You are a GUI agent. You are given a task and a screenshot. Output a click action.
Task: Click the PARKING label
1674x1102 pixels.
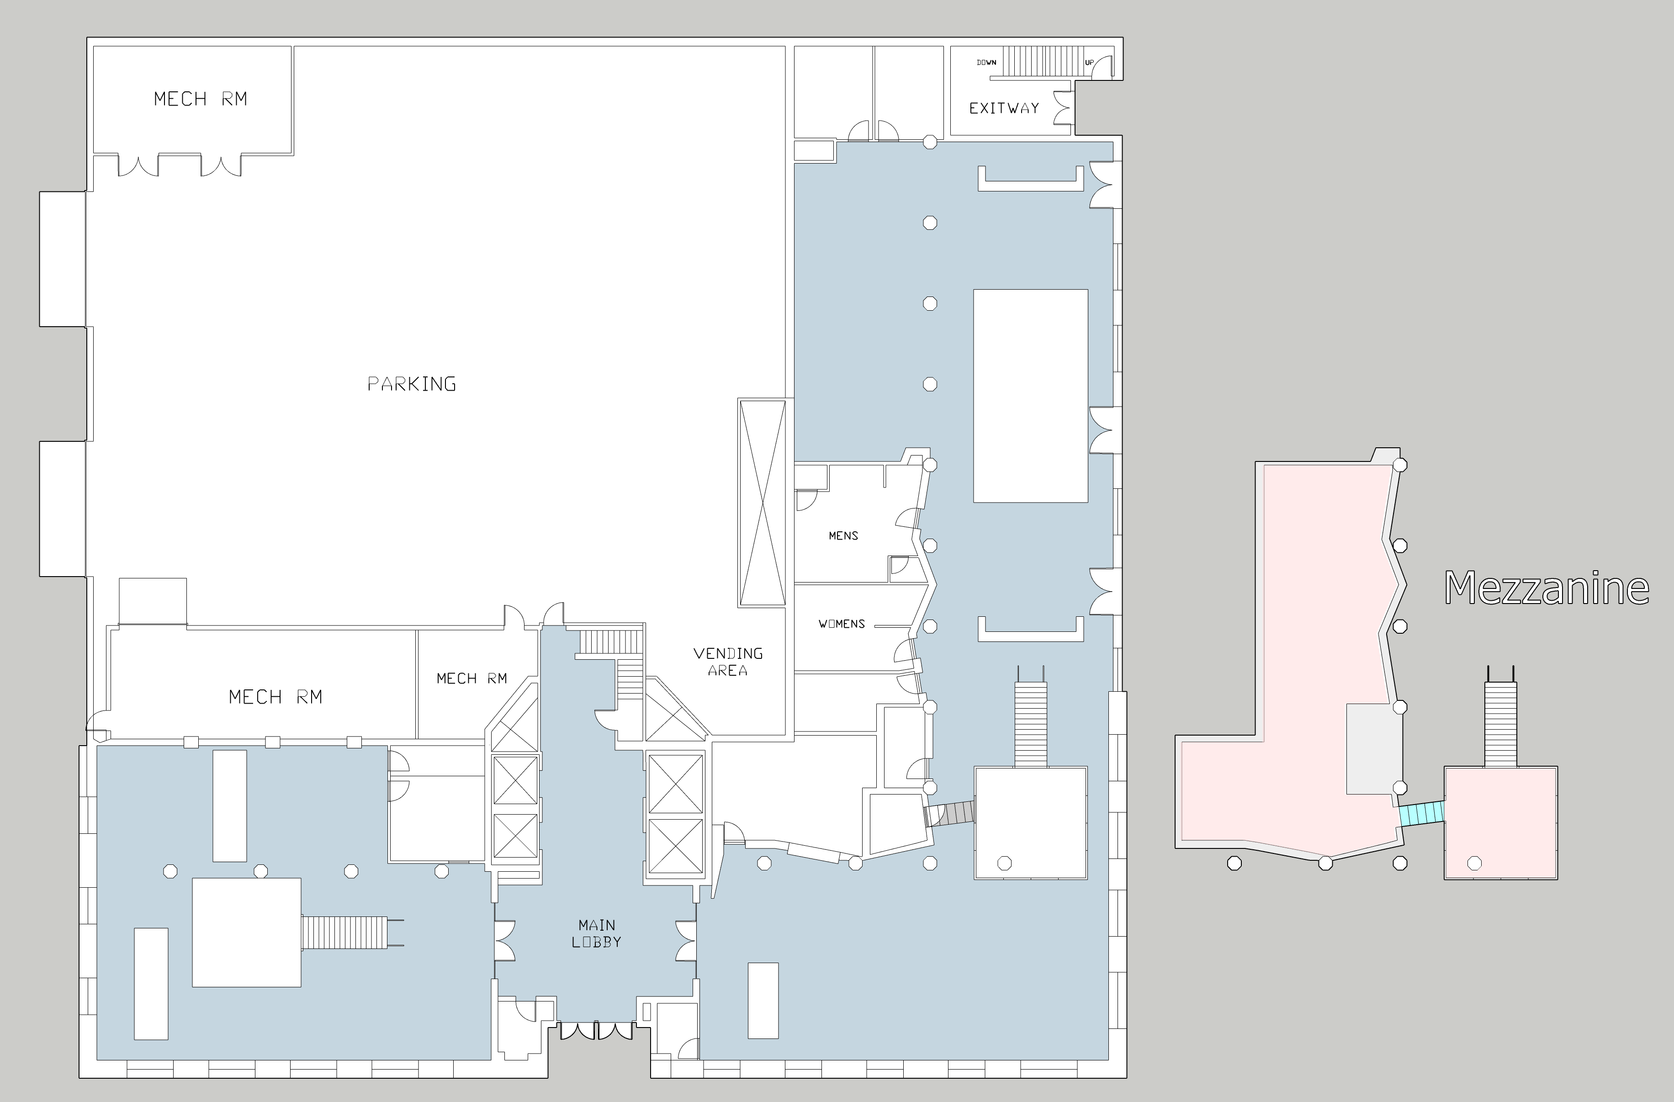click(412, 384)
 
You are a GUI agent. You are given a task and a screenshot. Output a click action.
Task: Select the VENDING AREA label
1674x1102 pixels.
click(728, 662)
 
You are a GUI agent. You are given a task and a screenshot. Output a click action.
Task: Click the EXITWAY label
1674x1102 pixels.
click(1004, 108)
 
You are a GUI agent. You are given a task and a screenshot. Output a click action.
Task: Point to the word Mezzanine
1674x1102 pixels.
click(1547, 588)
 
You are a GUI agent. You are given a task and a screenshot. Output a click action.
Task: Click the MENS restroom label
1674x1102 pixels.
click(843, 536)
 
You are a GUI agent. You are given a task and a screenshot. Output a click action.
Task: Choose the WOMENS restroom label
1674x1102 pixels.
click(841, 624)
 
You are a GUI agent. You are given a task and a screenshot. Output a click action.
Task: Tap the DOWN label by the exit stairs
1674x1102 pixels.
click(986, 63)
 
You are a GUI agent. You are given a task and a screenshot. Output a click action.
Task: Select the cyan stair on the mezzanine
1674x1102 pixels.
click(1421, 814)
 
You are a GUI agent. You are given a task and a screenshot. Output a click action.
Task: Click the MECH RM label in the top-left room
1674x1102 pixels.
click(201, 99)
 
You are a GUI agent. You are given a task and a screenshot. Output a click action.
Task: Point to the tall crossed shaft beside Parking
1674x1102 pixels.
click(762, 502)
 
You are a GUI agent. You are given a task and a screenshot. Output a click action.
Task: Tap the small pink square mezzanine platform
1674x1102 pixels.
click(1501, 823)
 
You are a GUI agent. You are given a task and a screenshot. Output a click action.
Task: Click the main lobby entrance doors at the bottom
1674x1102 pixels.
click(596, 1031)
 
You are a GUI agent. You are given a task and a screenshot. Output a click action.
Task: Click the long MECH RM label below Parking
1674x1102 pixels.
click(275, 697)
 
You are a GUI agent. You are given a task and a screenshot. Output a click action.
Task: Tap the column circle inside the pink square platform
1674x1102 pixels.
click(1475, 863)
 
